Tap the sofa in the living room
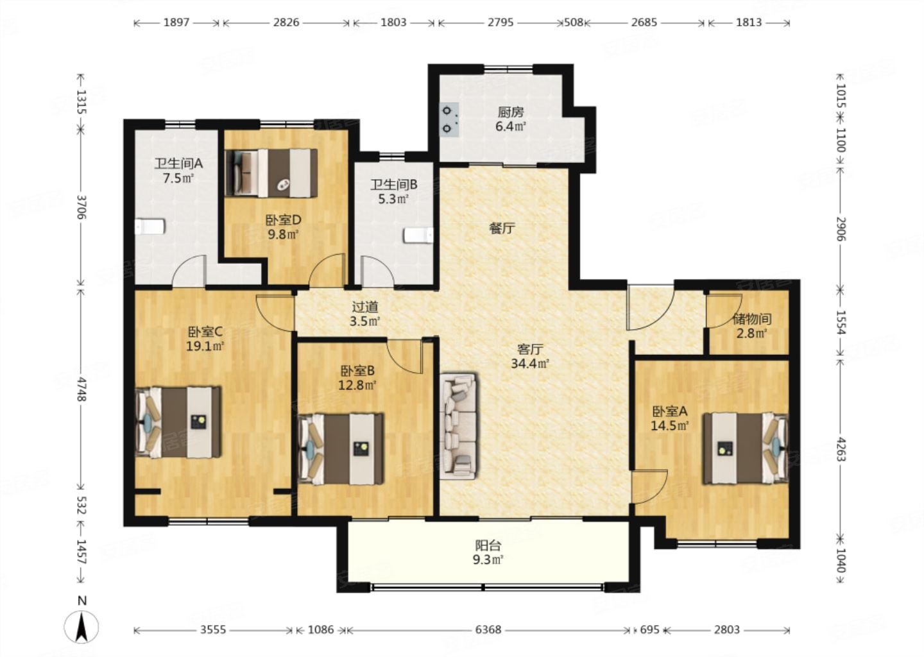click(x=458, y=425)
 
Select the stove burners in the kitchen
click(x=449, y=119)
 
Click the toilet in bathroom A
click(x=150, y=226)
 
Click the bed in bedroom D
click(x=272, y=173)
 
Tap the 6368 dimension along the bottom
click(x=488, y=630)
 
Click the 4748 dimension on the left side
click(x=81, y=389)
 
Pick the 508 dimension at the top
click(x=574, y=22)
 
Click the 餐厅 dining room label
click(x=502, y=228)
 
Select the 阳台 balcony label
click(x=488, y=545)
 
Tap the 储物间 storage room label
click(x=752, y=319)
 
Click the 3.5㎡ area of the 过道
click(x=364, y=321)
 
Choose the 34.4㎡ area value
click(x=529, y=364)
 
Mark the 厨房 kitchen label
click(x=511, y=112)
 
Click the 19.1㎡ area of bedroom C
click(x=205, y=346)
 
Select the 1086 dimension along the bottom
click(x=321, y=630)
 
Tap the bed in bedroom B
click(x=341, y=448)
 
